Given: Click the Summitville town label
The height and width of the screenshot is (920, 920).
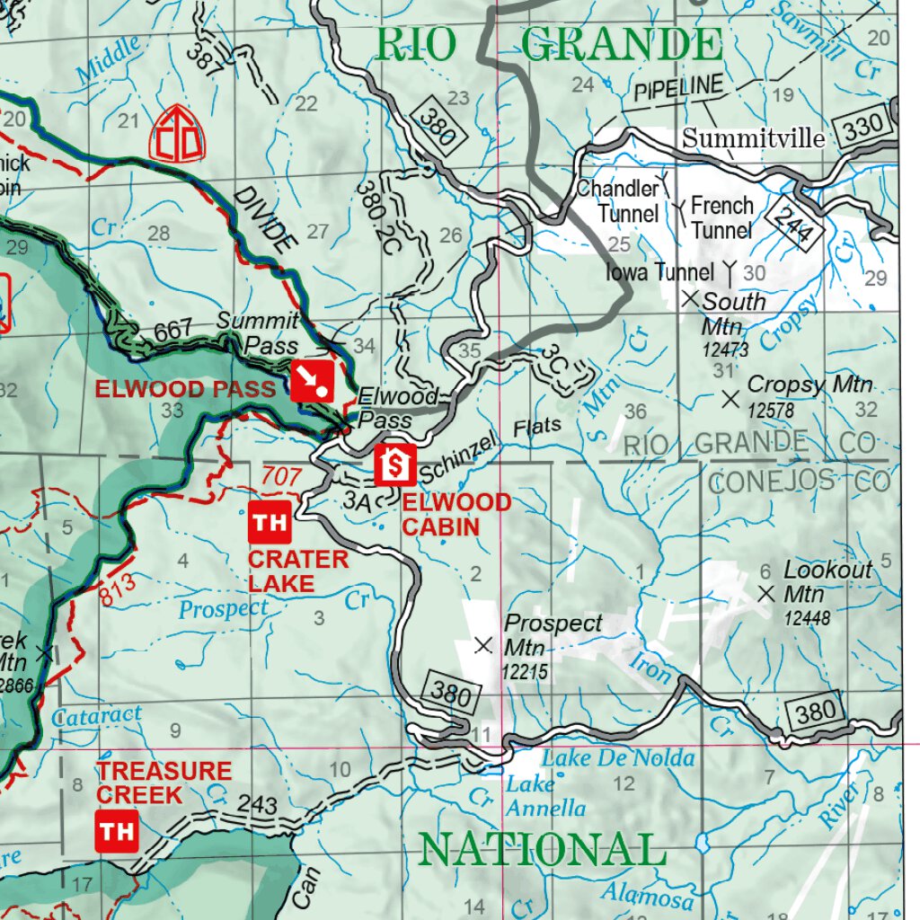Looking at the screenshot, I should pos(753,138).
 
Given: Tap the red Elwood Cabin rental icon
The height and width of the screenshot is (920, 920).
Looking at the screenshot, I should pos(395,464).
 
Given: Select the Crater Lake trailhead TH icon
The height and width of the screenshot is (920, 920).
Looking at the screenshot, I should pos(269,523).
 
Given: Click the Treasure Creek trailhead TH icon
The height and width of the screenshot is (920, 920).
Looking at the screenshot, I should pos(117,831).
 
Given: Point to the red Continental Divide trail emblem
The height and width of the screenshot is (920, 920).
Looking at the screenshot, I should pos(177,133).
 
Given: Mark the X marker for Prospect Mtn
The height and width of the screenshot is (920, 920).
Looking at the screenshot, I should pos(483,644).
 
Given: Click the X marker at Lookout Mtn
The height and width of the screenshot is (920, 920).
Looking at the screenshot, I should pos(765,593).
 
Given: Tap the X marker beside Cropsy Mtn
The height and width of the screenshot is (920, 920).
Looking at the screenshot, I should pos(730,397).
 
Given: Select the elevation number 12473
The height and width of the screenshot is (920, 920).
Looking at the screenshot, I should pos(725,349).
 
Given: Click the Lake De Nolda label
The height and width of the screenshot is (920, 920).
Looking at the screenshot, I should pos(617,757).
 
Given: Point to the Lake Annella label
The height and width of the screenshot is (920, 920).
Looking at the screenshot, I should pos(545,796).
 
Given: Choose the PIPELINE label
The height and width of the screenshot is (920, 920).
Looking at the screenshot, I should pos(678,88).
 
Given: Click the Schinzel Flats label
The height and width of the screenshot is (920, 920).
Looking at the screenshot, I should pos(490,449).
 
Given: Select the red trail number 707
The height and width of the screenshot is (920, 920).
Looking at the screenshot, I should pos(281,476).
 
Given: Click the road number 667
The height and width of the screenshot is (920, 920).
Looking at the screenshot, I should pos(173,332).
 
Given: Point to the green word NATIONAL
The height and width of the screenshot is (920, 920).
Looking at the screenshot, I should pos(543,849).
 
